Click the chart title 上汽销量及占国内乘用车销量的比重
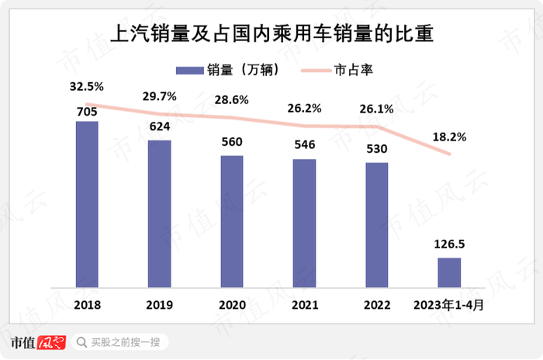271,34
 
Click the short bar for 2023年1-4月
449,272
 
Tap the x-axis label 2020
232,305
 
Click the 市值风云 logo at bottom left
38,341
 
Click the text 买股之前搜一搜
125,341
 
